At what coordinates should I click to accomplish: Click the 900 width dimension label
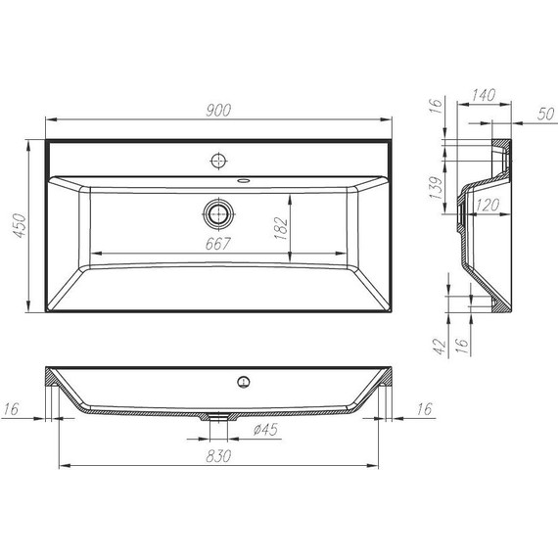(x=218, y=111)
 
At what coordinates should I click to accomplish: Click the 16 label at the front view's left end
(x=16, y=407)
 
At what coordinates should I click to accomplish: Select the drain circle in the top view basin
(x=218, y=212)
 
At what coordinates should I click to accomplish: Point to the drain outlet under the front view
(x=219, y=417)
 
